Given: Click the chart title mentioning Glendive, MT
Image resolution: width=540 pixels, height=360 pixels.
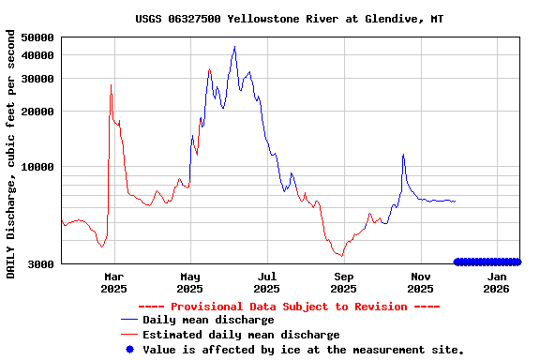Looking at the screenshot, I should click(289, 18).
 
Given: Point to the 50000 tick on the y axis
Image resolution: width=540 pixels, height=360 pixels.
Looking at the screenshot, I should click(37, 37).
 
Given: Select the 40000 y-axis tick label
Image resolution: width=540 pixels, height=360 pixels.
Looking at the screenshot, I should click(37, 55).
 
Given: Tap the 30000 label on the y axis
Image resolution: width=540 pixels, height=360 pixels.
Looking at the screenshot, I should click(37, 79).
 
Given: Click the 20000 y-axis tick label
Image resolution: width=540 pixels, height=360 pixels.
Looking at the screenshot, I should click(37, 112).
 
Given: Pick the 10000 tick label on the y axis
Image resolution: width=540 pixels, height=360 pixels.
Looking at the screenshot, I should click(37, 167).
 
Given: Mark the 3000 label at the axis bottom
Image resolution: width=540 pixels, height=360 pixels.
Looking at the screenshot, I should click(40, 264).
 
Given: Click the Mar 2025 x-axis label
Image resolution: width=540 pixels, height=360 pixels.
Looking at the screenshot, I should click(113, 283).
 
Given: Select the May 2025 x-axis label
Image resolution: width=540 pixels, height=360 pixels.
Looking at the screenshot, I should click(190, 283).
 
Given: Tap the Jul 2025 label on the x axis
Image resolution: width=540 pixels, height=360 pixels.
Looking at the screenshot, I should click(267, 283).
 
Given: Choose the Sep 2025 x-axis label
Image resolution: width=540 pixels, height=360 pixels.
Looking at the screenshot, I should click(344, 283).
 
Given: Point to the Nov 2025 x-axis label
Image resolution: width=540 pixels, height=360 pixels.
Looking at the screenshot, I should click(421, 283).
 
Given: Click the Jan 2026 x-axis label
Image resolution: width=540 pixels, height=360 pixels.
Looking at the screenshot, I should click(497, 283).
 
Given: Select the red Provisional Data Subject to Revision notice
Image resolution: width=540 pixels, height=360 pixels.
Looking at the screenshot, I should click(289, 307).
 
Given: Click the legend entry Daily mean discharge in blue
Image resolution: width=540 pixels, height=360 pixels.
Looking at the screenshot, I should click(208, 320).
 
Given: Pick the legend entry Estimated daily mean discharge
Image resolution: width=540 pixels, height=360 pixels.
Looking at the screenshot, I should click(241, 335).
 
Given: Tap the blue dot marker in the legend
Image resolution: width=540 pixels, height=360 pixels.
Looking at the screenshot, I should click(129, 350).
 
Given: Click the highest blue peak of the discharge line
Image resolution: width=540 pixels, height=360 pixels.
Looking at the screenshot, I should click(234, 47).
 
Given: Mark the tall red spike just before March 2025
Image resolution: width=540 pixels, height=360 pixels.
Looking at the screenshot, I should click(111, 85).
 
